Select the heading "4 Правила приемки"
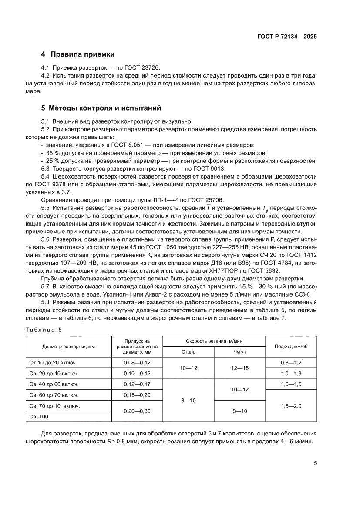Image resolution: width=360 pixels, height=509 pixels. click(x=77, y=54)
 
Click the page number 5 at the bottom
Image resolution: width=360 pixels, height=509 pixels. click(x=315, y=463)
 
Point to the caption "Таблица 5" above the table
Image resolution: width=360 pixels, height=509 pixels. click(x=44, y=330)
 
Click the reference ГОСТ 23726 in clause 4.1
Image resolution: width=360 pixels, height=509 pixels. click(x=144, y=67)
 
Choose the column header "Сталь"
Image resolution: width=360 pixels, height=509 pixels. click(x=188, y=351)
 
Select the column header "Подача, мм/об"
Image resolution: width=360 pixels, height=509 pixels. click(x=291, y=346)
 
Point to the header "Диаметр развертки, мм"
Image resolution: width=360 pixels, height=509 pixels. click(x=68, y=346)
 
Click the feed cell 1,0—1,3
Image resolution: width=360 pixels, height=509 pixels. click(x=291, y=373)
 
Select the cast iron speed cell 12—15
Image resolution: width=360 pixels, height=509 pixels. click(x=240, y=368)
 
